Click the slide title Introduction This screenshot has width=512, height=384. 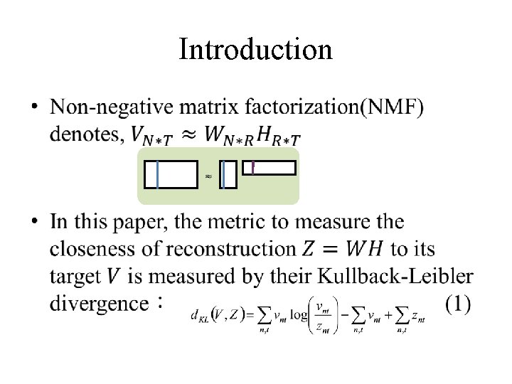[255, 50]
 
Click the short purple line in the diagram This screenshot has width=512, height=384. [252, 167]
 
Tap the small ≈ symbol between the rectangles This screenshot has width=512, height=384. [208, 175]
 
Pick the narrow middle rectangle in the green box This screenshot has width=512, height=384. [228, 175]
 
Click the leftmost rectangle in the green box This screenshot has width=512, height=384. [171, 175]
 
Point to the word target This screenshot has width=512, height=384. [75, 277]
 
